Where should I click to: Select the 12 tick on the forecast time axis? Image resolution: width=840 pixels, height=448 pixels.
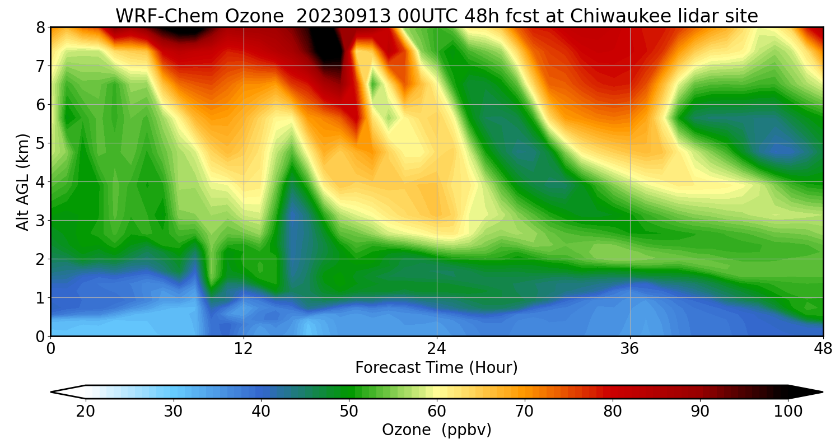(x=244, y=348)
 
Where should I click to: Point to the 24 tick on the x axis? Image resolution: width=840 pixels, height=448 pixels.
(x=437, y=348)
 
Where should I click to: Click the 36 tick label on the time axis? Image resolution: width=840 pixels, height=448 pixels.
(x=630, y=348)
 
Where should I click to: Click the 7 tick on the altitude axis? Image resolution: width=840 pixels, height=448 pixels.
(x=40, y=66)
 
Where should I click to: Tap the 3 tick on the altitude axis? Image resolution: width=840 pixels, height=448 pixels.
(x=40, y=221)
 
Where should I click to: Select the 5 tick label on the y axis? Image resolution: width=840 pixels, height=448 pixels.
(x=40, y=143)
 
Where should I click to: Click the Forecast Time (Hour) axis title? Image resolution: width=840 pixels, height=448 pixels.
(x=437, y=368)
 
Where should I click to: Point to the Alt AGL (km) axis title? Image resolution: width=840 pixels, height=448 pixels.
(x=23, y=182)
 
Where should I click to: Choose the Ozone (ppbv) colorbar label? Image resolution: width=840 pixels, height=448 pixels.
(x=437, y=430)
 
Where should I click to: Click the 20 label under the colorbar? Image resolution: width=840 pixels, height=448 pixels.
(x=86, y=411)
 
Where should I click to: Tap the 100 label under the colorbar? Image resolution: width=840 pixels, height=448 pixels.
(x=787, y=411)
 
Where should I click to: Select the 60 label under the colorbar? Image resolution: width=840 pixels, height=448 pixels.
(x=437, y=411)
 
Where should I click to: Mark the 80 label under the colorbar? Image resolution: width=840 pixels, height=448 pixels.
(x=613, y=411)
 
